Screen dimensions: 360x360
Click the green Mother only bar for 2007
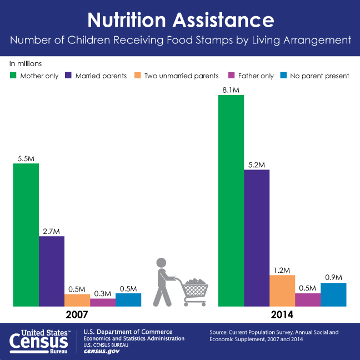pos(26,234)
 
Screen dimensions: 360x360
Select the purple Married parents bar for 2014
pos(257,238)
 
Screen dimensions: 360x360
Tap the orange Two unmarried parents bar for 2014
pos(282,291)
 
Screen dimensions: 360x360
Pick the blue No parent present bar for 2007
pos(128,299)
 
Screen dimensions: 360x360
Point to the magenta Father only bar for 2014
pos(308,299)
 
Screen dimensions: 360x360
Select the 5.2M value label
pos(257,164)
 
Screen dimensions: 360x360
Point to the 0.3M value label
pos(103,293)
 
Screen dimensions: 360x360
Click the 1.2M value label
pos(282,270)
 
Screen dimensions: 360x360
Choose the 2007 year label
pos(77,314)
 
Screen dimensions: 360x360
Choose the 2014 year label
pos(282,314)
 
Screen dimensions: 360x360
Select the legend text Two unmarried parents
pos(182,76)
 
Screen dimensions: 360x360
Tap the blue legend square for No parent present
pos(283,76)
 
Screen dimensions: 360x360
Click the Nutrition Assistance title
pos(180,20)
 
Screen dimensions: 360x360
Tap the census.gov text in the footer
pos(102,351)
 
